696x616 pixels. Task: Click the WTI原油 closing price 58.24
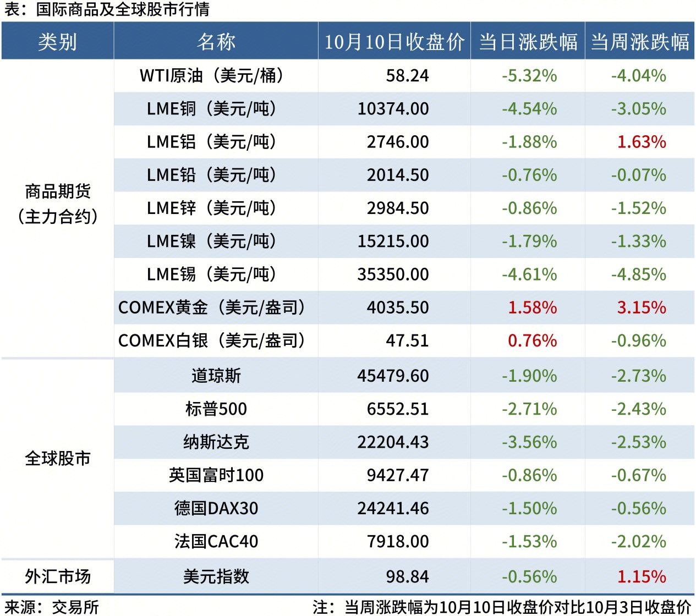click(x=407, y=75)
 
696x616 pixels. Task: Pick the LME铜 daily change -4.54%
click(x=529, y=108)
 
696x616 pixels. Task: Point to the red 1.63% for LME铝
click(x=642, y=142)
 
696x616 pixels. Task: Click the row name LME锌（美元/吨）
click(x=211, y=208)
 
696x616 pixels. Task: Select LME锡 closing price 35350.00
click(x=393, y=274)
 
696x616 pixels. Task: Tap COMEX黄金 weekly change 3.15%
click(x=642, y=307)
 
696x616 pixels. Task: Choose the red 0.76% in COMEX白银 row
click(x=532, y=340)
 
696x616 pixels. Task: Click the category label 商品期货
click(x=58, y=191)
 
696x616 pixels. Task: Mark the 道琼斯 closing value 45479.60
click(x=393, y=376)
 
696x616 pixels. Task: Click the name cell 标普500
click(x=216, y=409)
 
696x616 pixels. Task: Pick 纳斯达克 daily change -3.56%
click(x=529, y=442)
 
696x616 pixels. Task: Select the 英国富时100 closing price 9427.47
click(x=397, y=475)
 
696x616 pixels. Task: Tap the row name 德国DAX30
click(x=216, y=508)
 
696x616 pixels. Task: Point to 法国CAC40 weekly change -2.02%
click(x=638, y=541)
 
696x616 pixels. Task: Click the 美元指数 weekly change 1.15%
click(x=642, y=576)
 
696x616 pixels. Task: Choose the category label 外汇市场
click(x=58, y=576)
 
